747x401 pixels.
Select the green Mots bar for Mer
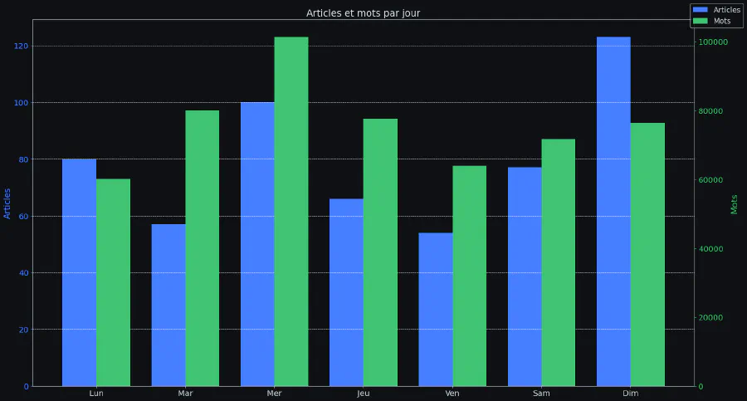tap(291, 212)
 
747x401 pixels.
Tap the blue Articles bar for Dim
tap(613, 212)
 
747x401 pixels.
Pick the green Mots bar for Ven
tap(469, 276)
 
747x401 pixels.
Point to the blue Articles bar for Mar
tap(168, 305)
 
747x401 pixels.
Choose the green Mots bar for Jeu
tap(380, 252)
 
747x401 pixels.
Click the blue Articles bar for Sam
tap(525, 276)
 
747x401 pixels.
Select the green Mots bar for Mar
tap(203, 248)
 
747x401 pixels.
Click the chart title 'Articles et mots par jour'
tap(363, 13)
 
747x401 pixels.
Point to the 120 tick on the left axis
tap(22, 46)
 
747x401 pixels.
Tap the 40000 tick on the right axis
tap(711, 249)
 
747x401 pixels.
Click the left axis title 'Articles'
tap(7, 203)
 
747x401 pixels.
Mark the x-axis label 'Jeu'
tap(364, 394)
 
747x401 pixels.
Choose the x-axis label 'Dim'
tap(631, 394)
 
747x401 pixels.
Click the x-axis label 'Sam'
tap(541, 394)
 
